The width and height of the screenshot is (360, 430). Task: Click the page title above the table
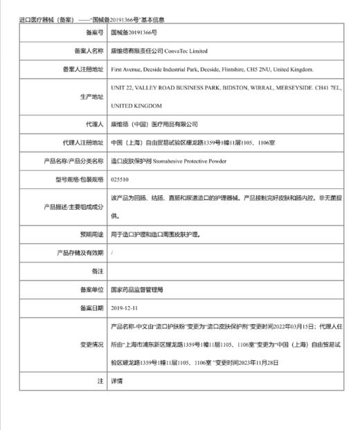[x=91, y=20]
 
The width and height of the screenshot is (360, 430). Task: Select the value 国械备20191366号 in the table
[x=134, y=33]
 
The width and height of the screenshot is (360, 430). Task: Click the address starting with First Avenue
[x=212, y=69]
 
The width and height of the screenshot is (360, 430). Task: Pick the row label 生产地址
[x=92, y=97]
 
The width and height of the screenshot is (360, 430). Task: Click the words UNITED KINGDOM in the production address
[x=136, y=106]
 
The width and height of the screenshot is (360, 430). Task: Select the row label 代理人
[x=95, y=125]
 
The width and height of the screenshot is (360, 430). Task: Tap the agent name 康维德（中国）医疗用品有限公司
[x=154, y=125]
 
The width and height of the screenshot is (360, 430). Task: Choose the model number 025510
[x=120, y=179]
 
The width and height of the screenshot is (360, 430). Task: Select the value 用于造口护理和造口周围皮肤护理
[x=156, y=235]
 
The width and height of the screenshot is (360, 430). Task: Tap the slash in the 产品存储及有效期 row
[x=112, y=253]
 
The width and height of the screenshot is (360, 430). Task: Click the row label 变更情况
[x=92, y=343]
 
